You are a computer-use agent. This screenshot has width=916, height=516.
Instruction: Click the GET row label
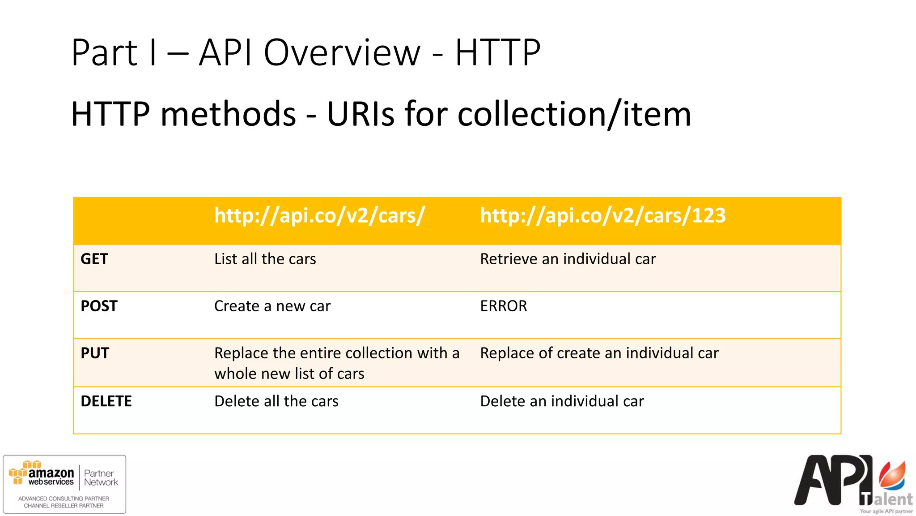click(94, 259)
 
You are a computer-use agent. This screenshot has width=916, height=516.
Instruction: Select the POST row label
click(99, 306)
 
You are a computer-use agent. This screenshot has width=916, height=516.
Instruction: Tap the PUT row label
click(95, 353)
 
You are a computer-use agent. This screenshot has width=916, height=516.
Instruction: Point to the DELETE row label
click(106, 401)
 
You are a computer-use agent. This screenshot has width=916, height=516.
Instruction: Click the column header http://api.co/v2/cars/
click(319, 215)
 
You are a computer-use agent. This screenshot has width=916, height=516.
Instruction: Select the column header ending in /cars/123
click(602, 215)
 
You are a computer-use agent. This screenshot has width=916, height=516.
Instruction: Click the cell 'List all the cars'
click(265, 259)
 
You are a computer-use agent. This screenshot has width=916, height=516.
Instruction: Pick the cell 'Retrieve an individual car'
click(568, 259)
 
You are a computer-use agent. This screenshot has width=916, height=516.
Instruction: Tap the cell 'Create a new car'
click(272, 306)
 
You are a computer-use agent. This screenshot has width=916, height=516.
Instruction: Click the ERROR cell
click(503, 306)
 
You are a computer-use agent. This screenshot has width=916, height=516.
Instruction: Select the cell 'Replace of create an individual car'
click(599, 353)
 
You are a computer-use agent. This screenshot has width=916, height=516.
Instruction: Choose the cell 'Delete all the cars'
click(276, 401)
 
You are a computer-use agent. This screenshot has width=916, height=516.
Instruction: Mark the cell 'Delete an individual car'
click(562, 401)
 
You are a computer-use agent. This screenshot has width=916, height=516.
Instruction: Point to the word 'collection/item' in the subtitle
click(574, 114)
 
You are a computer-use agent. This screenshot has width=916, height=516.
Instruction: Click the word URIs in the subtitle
click(360, 114)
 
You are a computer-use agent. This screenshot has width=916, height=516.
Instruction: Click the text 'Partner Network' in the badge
click(101, 478)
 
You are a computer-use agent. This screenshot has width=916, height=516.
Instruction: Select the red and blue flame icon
click(893, 476)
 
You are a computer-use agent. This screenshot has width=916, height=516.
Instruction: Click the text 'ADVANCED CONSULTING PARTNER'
click(64, 499)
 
